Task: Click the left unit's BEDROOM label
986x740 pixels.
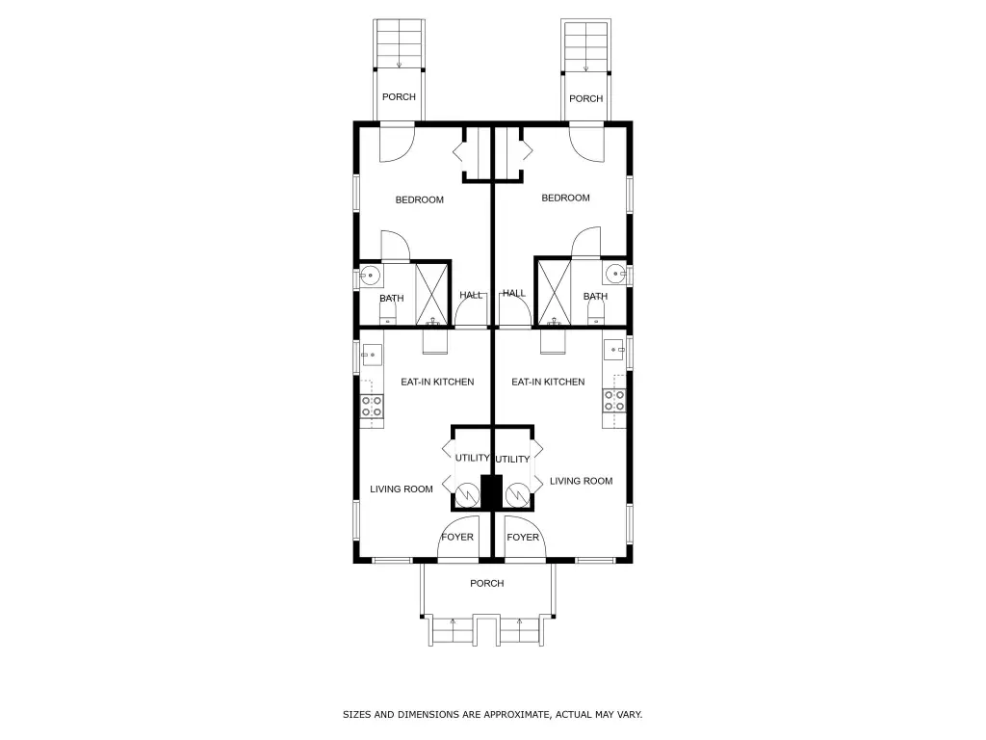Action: click(420, 200)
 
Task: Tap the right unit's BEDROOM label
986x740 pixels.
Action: click(565, 198)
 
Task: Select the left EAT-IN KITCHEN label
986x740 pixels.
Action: click(437, 382)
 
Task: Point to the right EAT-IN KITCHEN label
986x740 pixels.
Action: click(548, 382)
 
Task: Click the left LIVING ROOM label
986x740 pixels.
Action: click(402, 489)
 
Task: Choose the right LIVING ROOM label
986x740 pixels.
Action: click(581, 482)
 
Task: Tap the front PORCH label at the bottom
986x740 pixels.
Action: click(486, 583)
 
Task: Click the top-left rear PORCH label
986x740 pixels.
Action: click(399, 97)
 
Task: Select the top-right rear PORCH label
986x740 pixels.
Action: click(585, 99)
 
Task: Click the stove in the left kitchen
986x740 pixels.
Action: click(372, 406)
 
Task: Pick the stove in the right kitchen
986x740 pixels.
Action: click(614, 400)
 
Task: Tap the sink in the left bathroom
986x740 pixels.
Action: click(370, 276)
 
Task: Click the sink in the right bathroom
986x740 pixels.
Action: click(616, 274)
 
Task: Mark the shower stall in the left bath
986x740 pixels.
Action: click(432, 295)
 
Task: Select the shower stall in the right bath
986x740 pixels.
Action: click(554, 293)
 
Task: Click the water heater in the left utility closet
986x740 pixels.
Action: click(467, 495)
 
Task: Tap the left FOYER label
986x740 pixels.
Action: click(457, 538)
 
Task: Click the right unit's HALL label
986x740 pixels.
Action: click(514, 293)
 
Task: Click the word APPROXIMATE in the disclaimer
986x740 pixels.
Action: click(513, 715)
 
